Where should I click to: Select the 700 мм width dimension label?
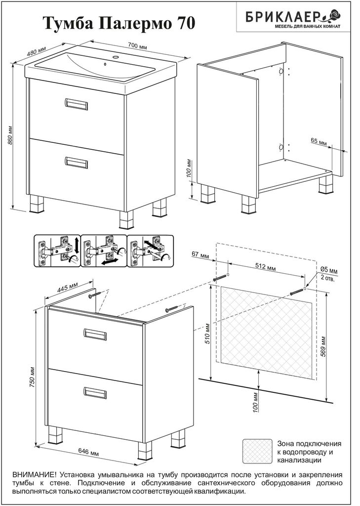coord(138,45)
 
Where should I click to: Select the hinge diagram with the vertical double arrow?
coord(57,251)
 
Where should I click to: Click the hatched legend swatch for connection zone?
coord(257,451)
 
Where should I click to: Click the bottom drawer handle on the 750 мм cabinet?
coord(95,392)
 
